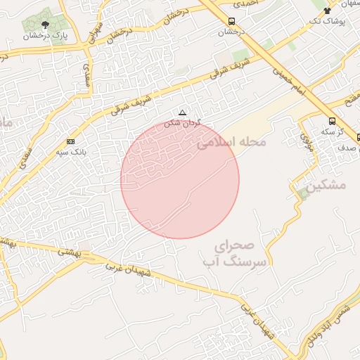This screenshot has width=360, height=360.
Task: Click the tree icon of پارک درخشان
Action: [46, 25]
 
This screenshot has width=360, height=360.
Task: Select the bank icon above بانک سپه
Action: [70, 142]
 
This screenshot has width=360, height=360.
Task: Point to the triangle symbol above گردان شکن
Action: [183, 112]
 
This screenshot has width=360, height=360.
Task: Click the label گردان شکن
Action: [182, 122]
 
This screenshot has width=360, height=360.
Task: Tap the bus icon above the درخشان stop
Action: [232, 22]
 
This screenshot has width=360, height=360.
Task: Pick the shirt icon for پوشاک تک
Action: [326, 11]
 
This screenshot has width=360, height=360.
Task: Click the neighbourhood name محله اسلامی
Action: [232, 143]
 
